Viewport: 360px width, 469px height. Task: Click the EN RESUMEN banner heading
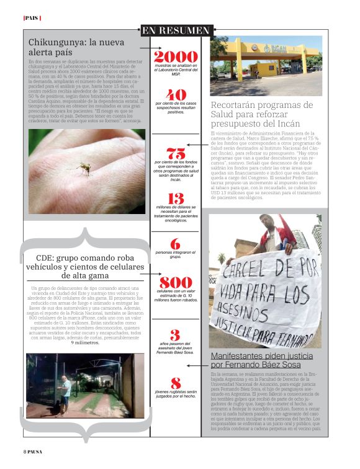click(176, 30)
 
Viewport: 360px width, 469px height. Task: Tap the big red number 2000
click(176, 56)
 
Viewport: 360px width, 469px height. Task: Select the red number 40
click(176, 95)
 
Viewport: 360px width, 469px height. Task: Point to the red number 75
click(176, 153)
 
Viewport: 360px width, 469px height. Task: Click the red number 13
click(176, 199)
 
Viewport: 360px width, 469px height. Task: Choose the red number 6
click(176, 244)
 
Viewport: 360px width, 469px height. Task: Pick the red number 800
click(176, 282)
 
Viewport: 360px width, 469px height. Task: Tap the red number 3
click(176, 336)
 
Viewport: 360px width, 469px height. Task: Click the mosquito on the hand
click(84, 166)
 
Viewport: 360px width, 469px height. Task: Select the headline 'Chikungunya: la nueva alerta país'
click(76, 48)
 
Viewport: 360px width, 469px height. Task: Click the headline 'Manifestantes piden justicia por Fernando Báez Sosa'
click(265, 360)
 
